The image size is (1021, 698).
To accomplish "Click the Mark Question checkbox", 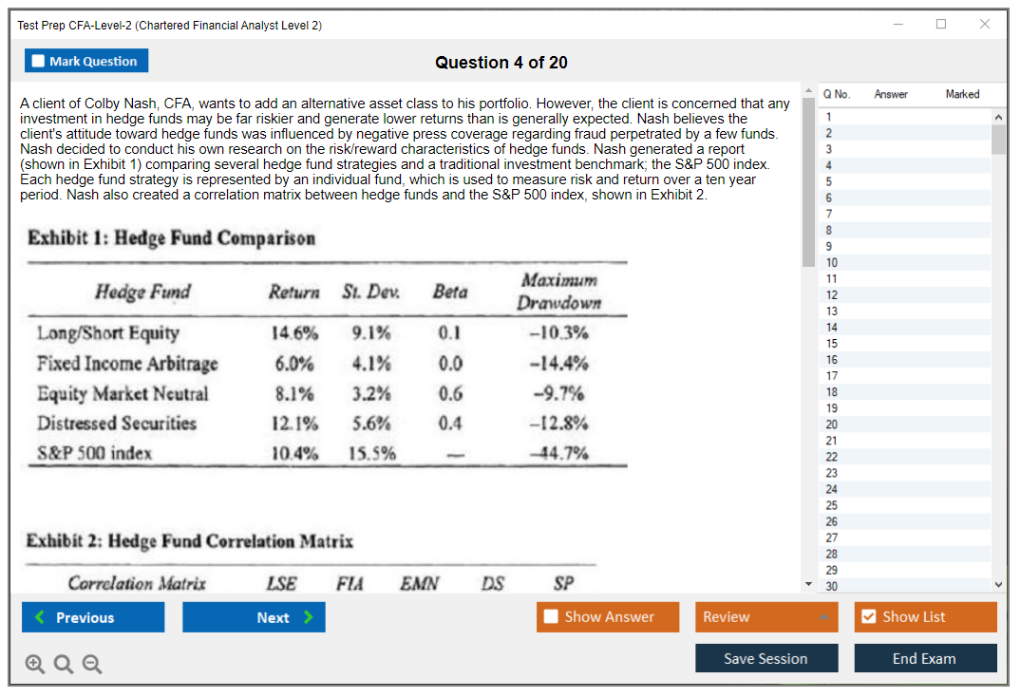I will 39,62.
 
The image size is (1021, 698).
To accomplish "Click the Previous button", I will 93,617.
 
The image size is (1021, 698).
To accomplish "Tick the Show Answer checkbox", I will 552,617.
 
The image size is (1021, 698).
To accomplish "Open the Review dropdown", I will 766,617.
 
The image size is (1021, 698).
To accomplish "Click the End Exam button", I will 925,658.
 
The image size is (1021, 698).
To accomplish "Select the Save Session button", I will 766,658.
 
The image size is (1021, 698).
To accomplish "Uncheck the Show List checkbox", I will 868,617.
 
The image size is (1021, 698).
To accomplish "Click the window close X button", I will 985,25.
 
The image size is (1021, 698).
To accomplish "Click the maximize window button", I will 941,25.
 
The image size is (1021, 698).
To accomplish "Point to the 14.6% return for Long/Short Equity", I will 294,333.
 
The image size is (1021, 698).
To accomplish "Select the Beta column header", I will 450,292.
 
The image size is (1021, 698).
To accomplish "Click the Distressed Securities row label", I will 117,424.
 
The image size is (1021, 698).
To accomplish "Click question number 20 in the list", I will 831,424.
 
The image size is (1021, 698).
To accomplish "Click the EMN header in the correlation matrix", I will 419,583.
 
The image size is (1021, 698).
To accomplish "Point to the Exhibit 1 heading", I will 171,237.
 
